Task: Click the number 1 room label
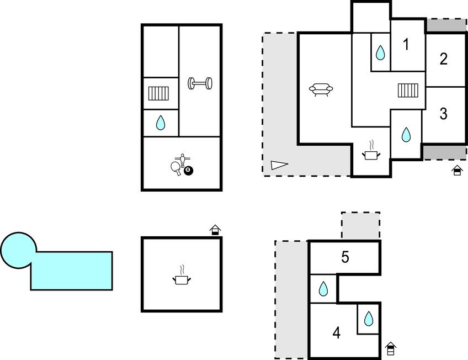pos(406,45)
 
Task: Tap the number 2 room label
pos(444,59)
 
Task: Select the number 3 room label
pos(444,113)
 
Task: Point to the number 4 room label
pos(337,332)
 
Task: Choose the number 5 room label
pos(345,257)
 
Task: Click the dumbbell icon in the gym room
pos(200,83)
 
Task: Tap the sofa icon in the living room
pos(321,89)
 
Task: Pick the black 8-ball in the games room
pos(188,171)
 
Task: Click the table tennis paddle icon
pos(176,168)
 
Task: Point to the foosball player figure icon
pos(182,160)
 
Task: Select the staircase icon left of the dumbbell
pos(158,93)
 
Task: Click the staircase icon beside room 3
pos(408,91)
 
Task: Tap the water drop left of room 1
pos(380,52)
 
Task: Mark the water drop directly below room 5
pos(323,289)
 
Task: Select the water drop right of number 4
pos(369,319)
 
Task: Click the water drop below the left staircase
pos(161,123)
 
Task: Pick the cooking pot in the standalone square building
pos(182,275)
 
